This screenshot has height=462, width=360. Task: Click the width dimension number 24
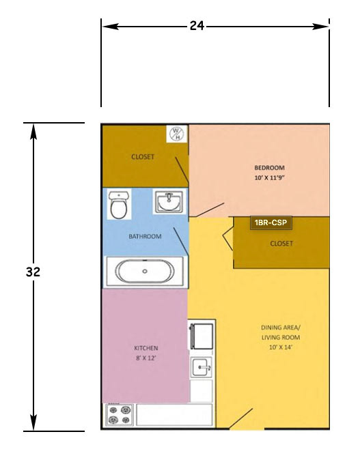[x=197, y=26]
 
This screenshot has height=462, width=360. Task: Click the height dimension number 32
[x=33, y=272]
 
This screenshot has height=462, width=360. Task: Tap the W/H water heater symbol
[x=176, y=134]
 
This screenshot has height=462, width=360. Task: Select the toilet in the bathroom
[x=119, y=205]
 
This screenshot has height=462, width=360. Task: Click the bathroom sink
[x=169, y=201]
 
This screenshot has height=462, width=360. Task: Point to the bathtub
[x=145, y=271]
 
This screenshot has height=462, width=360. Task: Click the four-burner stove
[x=119, y=414]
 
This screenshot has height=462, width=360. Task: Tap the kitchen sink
[x=202, y=367]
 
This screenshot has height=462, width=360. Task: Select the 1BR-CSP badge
[x=271, y=222]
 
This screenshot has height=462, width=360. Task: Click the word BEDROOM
[x=269, y=168]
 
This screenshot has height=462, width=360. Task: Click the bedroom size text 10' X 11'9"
[x=269, y=177]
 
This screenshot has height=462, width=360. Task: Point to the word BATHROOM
[x=145, y=236]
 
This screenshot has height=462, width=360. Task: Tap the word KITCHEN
[x=146, y=348]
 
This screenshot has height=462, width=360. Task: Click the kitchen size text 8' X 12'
[x=146, y=358]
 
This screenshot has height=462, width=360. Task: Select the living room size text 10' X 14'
[x=280, y=347]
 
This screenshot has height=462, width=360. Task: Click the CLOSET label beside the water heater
[x=143, y=157]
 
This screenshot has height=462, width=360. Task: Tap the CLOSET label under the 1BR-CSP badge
[x=281, y=244]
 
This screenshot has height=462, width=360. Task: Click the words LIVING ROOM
[x=280, y=337]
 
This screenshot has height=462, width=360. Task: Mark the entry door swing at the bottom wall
[x=241, y=418]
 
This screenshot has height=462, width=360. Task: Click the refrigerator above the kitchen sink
[x=202, y=336]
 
